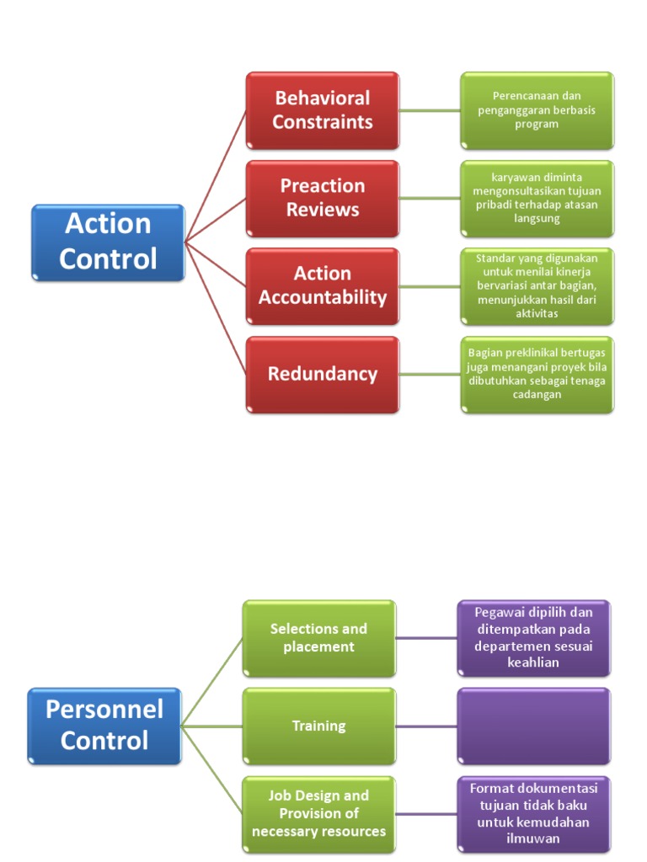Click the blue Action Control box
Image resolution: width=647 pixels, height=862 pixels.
click(x=108, y=242)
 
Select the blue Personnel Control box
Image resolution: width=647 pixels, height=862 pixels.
click(x=104, y=725)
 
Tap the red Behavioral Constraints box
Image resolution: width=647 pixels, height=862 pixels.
click(x=322, y=110)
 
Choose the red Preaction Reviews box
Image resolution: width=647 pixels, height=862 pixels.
click(x=322, y=198)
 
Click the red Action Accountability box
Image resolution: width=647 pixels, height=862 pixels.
click(x=322, y=285)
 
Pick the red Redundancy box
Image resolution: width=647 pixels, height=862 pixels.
click(x=322, y=374)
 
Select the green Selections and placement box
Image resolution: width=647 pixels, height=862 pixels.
click(x=318, y=638)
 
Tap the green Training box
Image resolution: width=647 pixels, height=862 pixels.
click(x=318, y=726)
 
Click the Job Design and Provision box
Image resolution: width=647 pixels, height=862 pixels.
click(x=318, y=813)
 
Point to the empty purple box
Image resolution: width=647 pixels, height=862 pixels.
click(x=533, y=726)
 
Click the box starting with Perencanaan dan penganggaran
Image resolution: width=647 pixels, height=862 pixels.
click(x=537, y=110)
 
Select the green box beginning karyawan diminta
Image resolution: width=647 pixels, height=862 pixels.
click(x=537, y=198)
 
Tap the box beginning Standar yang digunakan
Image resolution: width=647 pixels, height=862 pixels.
click(x=537, y=285)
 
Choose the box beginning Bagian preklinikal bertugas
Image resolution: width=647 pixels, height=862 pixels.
click(x=537, y=374)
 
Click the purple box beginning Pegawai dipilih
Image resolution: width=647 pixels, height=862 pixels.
click(x=533, y=638)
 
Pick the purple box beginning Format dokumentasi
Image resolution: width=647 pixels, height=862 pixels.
click(x=533, y=813)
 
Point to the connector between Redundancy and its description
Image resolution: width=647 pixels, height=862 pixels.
click(x=430, y=374)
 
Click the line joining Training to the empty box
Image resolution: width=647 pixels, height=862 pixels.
click(x=426, y=726)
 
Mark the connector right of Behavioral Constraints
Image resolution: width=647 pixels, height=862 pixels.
click(x=430, y=110)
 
